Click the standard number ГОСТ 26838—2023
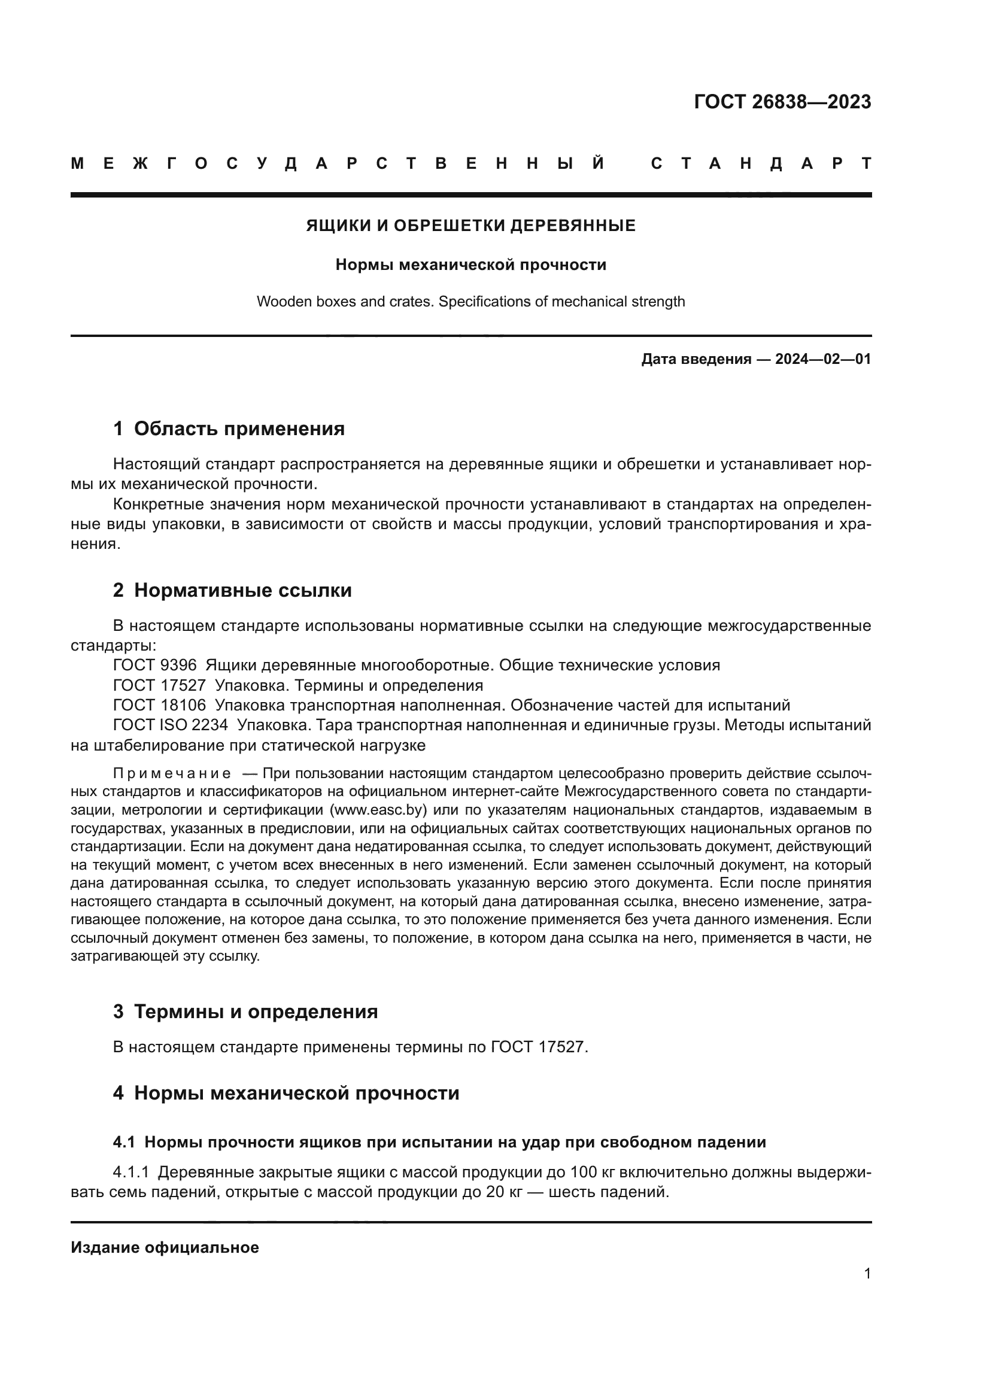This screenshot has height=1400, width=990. [x=782, y=102]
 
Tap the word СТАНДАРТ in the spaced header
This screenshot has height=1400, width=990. [x=761, y=164]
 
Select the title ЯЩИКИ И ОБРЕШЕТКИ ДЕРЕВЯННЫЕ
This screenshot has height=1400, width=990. [x=470, y=226]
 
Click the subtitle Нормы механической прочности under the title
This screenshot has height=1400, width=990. [x=470, y=265]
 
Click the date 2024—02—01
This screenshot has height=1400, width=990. [x=823, y=359]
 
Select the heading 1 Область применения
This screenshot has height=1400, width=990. [x=229, y=429]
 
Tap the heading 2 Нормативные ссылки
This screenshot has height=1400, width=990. [x=232, y=590]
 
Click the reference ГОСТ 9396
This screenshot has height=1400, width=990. [x=155, y=665]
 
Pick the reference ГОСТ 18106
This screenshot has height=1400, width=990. [x=159, y=706]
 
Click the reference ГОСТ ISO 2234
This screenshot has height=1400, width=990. [x=170, y=725]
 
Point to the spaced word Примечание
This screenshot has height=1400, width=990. [x=172, y=775]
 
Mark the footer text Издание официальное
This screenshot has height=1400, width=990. [x=165, y=1248]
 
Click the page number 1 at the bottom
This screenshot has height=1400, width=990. [x=867, y=1274]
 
